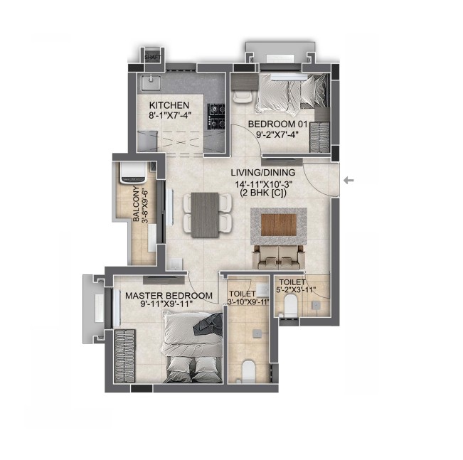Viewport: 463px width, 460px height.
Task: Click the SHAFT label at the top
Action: tap(153, 58)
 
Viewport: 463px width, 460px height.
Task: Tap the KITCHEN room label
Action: tap(169, 105)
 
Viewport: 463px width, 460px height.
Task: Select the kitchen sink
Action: tap(151, 82)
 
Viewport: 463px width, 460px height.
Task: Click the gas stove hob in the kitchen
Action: tap(216, 117)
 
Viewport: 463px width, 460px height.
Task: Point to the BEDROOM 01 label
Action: tap(278, 124)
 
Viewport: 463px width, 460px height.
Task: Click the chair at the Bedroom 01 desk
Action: tap(243, 96)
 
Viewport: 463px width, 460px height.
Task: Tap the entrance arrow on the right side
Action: tap(349, 180)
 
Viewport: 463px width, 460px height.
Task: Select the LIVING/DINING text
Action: tap(263, 173)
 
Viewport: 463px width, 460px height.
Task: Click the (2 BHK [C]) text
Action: tap(263, 193)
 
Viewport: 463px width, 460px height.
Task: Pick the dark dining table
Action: tap(205, 215)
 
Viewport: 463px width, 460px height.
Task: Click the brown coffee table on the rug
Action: tap(279, 225)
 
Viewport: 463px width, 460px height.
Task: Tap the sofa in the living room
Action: tap(279, 257)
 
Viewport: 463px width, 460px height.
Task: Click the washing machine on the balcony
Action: tap(133, 172)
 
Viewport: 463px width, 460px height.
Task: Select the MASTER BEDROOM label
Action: tap(169, 296)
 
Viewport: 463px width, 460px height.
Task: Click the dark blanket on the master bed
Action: tap(208, 324)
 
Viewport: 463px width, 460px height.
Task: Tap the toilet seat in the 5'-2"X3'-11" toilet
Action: tap(291, 306)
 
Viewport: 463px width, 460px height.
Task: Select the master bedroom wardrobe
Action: tap(124, 356)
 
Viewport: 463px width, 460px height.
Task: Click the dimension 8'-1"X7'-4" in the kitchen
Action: tap(169, 115)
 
